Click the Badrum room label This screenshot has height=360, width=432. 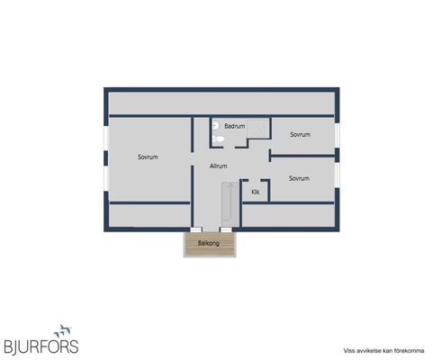pyautogui.click(x=235, y=126)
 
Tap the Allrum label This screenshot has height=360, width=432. pyautogui.click(x=219, y=166)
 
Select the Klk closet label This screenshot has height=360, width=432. pyautogui.click(x=256, y=192)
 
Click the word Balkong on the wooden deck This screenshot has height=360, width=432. pyautogui.click(x=209, y=243)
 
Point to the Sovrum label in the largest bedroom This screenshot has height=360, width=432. pyautogui.click(x=148, y=157)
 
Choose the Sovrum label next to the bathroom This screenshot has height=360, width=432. pyautogui.click(x=301, y=134)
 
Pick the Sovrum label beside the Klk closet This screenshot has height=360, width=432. pyautogui.click(x=299, y=178)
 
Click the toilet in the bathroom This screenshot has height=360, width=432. pyautogui.click(x=218, y=139)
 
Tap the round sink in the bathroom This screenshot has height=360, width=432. pyautogui.click(x=215, y=126)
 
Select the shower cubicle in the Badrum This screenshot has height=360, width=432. pyautogui.click(x=258, y=129)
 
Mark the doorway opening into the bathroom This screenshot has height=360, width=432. pyautogui.click(x=229, y=148)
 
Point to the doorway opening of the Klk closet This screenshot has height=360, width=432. pyautogui.click(x=254, y=180)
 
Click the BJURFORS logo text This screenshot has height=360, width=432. pyautogui.click(x=41, y=346)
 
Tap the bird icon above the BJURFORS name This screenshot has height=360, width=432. pyautogui.click(x=62, y=330)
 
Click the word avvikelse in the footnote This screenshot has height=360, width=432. pyautogui.click(x=363, y=351)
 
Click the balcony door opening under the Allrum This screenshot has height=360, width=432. pyautogui.click(x=211, y=229)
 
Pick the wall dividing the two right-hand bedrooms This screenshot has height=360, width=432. pyautogui.click(x=302, y=156)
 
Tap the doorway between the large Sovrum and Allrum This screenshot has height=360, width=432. pyautogui.click(x=193, y=158)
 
